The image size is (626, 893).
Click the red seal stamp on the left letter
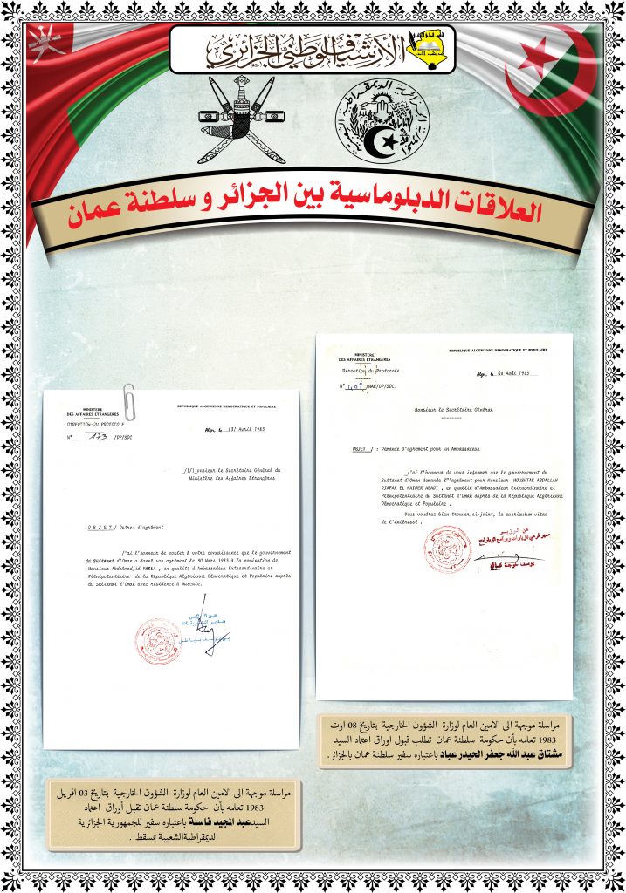157,641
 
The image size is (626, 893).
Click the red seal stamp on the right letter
447,550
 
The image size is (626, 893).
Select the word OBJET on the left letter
98,528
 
